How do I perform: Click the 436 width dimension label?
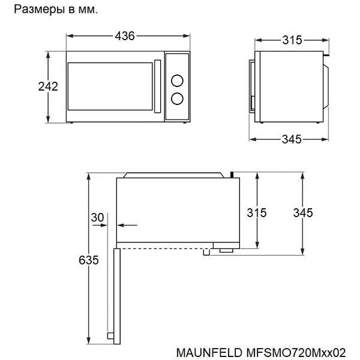point(125,36)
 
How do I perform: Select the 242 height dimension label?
point(48,86)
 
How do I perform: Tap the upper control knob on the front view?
point(177,80)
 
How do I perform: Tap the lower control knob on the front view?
point(177,99)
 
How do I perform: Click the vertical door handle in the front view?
point(157,86)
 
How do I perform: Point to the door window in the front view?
point(110,86)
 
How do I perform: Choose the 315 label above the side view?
point(292,40)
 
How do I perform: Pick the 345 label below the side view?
point(292,139)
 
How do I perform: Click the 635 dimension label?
point(89,260)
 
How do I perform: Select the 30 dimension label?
point(97,217)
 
